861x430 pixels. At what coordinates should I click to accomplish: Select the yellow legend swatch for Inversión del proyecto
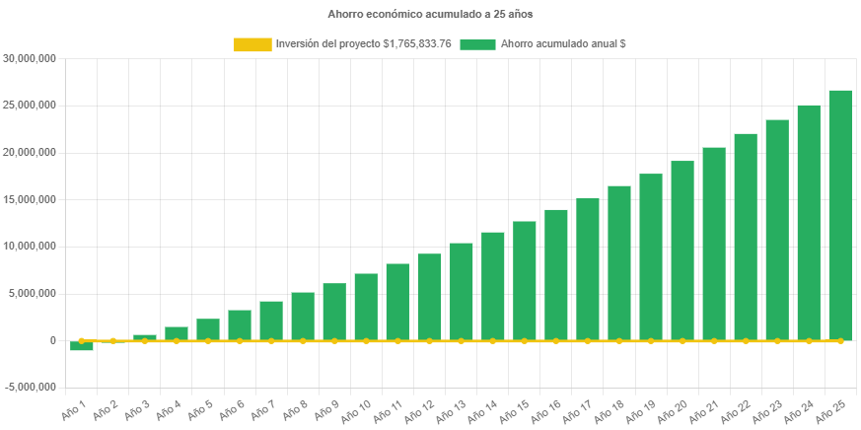(251, 44)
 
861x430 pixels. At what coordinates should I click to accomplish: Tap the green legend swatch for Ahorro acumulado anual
(477, 44)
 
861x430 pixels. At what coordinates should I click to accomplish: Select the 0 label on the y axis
(52, 340)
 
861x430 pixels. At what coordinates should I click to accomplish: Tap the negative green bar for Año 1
(82, 346)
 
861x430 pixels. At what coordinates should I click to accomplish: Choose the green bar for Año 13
(462, 291)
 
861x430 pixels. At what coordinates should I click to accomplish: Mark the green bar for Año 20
(682, 251)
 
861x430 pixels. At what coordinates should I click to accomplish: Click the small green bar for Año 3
(145, 337)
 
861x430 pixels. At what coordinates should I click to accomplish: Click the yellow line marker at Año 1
(82, 340)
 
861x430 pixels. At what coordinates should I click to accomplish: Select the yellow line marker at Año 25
(840, 340)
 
